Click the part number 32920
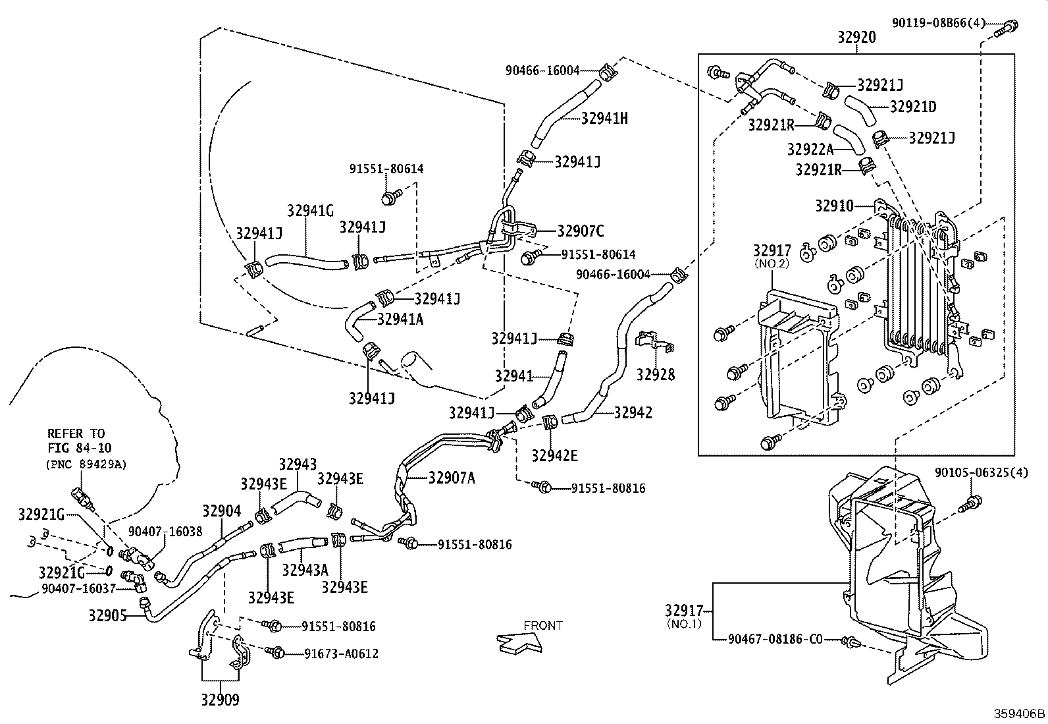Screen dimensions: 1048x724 (x=856, y=37)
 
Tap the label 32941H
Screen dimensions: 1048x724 (x=604, y=119)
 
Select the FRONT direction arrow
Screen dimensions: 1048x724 (x=519, y=642)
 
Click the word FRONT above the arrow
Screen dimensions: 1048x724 (x=542, y=626)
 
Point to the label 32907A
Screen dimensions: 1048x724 (x=452, y=478)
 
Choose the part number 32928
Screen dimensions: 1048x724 (x=656, y=375)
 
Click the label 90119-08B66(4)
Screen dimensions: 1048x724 (x=939, y=22)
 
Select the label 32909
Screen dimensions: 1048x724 (x=220, y=700)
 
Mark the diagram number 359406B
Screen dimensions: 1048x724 (x=1019, y=713)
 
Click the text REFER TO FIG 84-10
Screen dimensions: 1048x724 (x=80, y=441)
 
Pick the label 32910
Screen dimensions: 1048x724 (x=834, y=206)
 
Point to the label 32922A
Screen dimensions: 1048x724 (x=810, y=150)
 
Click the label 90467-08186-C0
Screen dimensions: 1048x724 (x=775, y=639)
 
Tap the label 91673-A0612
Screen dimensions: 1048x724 (x=341, y=654)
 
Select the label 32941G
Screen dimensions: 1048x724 (x=310, y=211)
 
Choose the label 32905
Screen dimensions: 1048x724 (x=107, y=615)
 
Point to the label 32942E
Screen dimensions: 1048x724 (x=554, y=455)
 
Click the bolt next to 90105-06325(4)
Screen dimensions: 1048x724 (x=970, y=505)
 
